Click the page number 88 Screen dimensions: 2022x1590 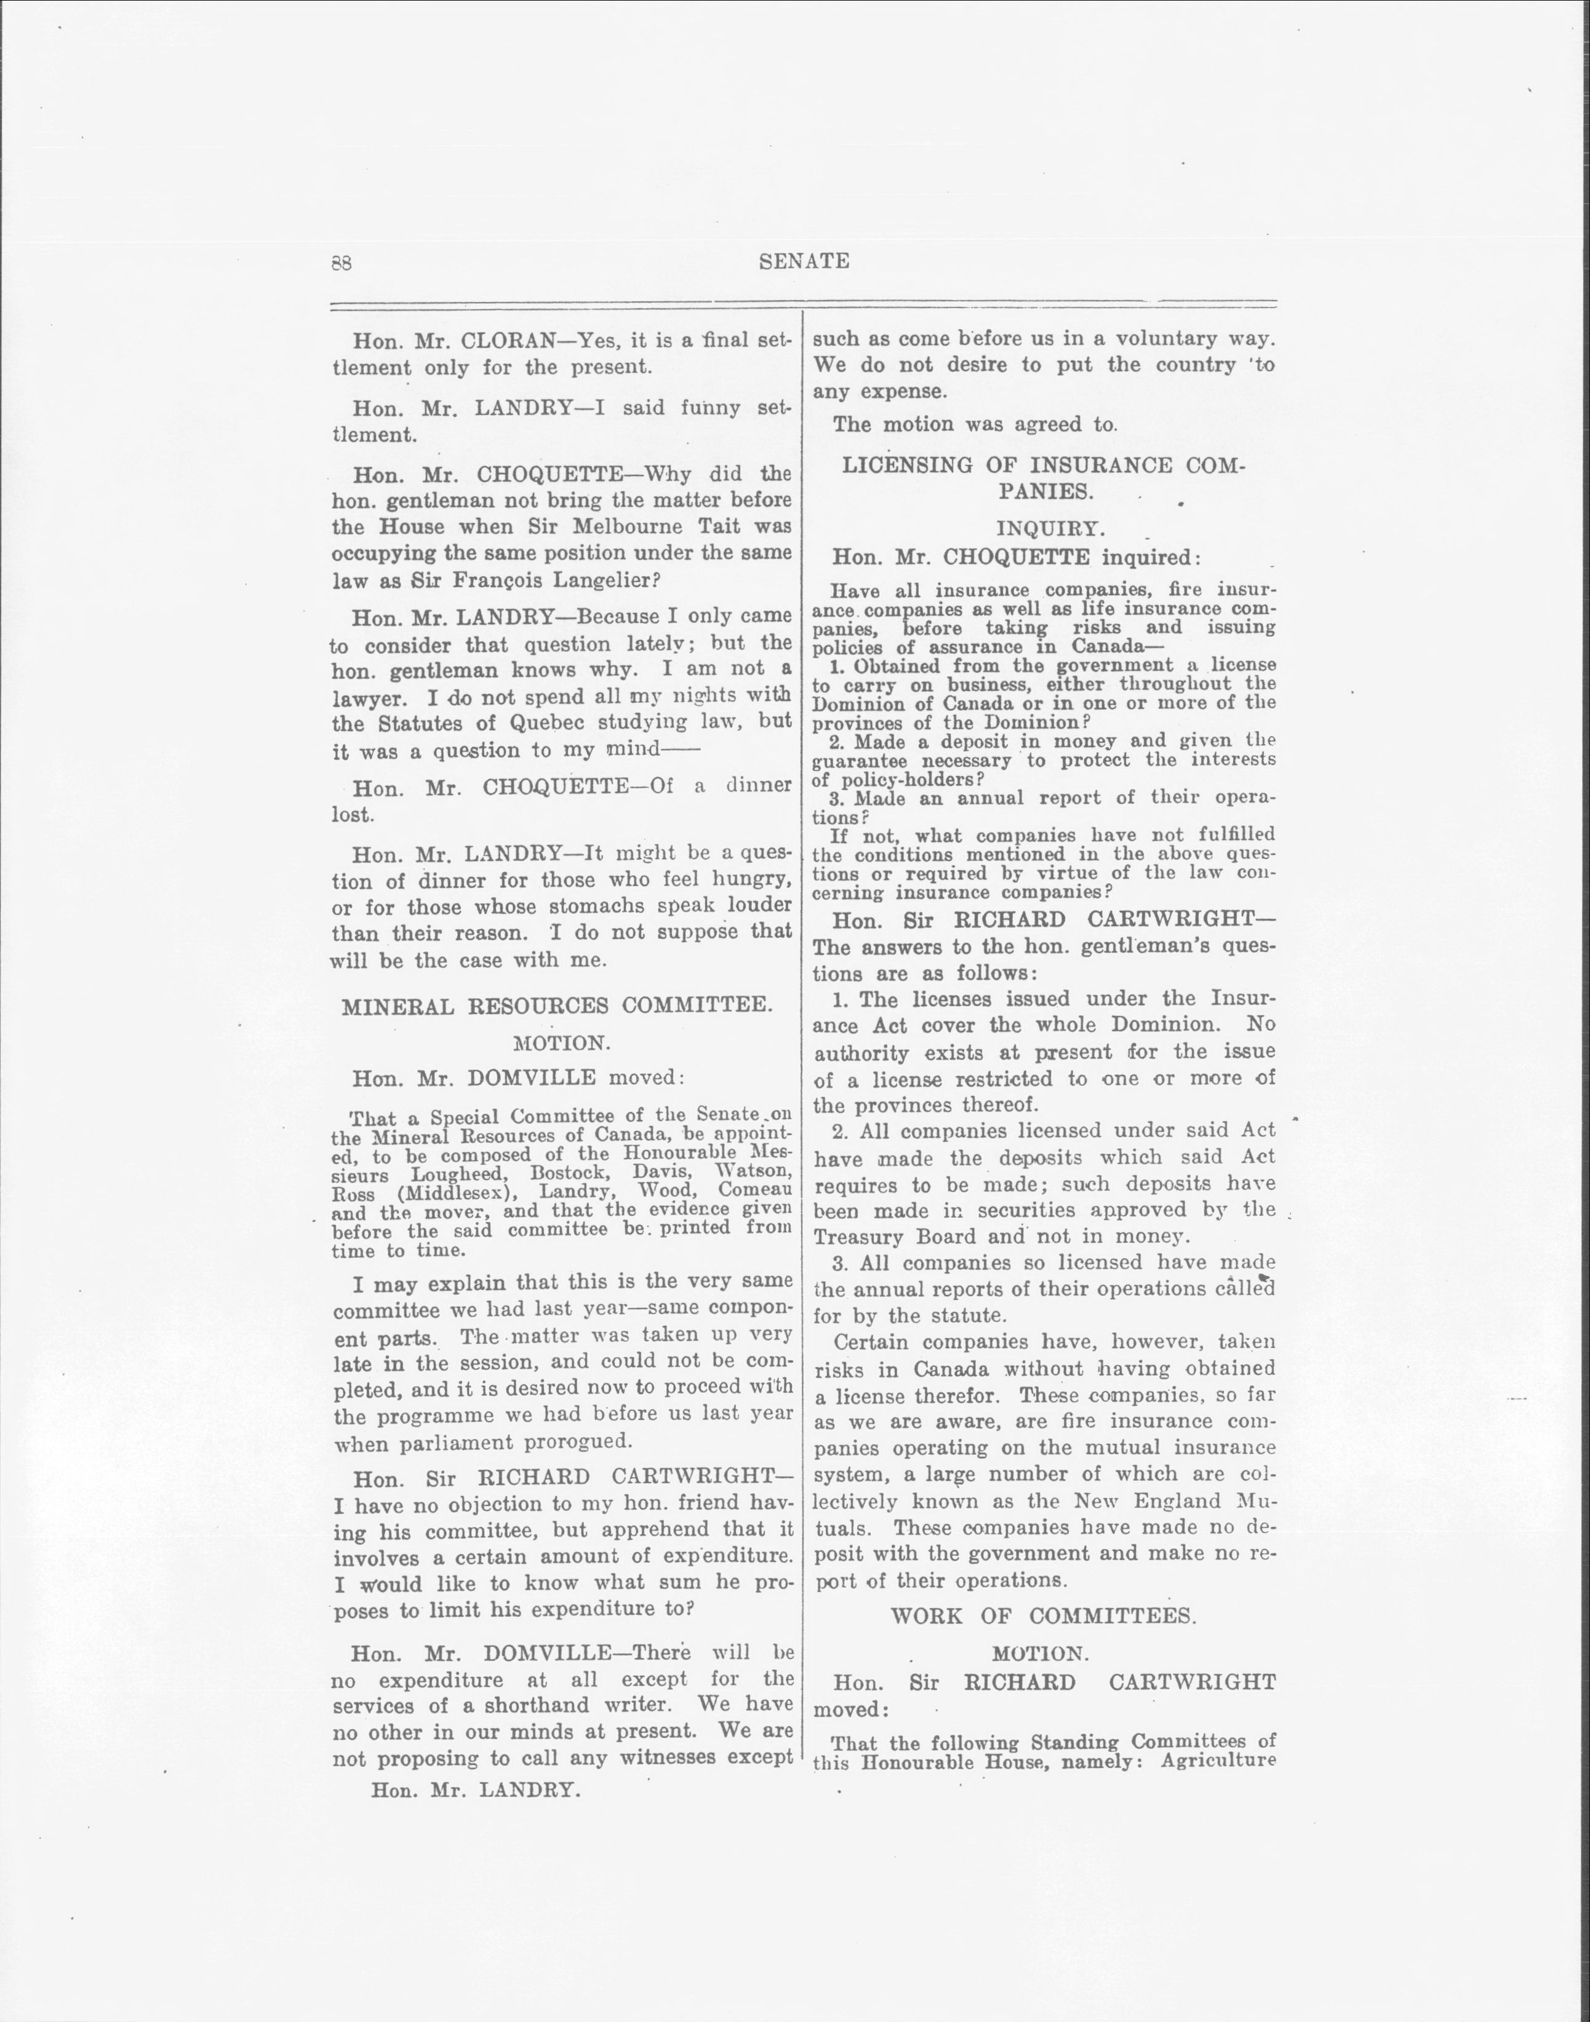pyautogui.click(x=341, y=263)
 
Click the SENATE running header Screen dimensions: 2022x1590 pyautogui.click(x=804, y=261)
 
